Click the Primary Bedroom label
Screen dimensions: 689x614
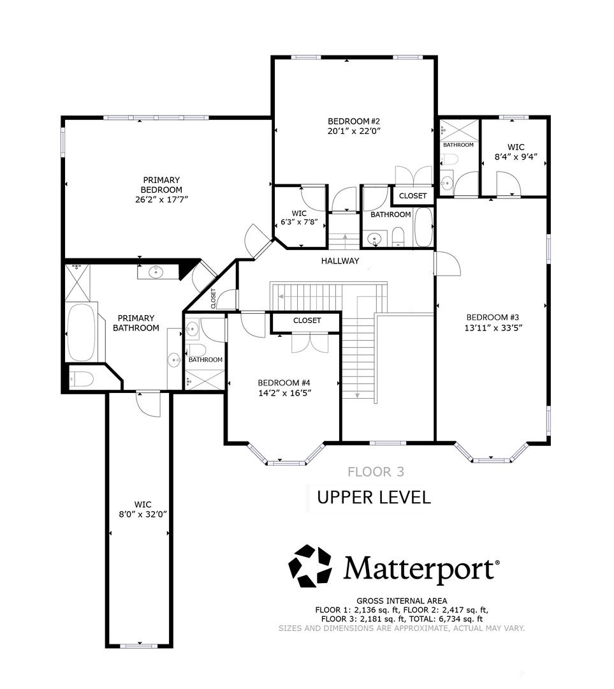point(161,185)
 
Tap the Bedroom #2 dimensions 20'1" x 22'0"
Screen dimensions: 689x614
point(354,131)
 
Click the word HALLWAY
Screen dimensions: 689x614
point(340,261)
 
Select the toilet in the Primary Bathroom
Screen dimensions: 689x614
point(82,379)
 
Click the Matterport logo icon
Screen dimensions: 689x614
point(310,565)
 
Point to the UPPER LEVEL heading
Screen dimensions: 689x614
point(374,498)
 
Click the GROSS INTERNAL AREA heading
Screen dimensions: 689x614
point(401,601)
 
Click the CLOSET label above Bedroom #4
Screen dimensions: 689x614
point(307,321)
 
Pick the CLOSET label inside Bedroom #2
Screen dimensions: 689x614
point(413,196)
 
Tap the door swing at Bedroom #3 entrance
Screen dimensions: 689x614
point(447,263)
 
